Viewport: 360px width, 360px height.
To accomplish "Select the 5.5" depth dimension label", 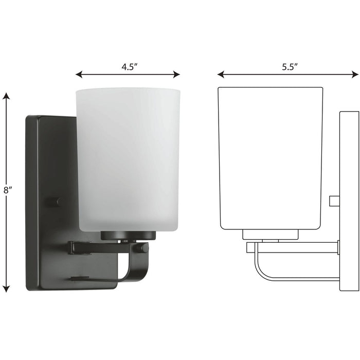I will click(x=290, y=66).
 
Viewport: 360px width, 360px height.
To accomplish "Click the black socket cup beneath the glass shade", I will click(x=128, y=236).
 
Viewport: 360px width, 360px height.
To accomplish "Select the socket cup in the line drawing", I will click(x=271, y=235).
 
